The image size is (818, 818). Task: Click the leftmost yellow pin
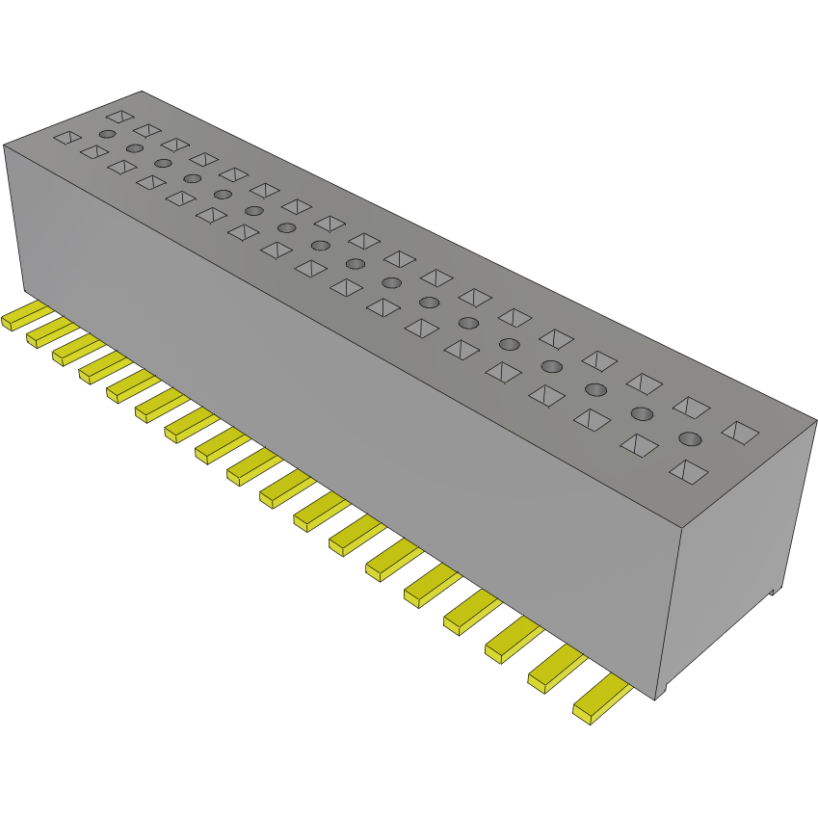21,317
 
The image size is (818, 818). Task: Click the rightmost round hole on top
690,439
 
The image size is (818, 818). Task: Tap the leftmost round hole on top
107,134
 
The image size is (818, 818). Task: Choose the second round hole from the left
134,148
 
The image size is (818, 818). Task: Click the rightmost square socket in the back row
740,433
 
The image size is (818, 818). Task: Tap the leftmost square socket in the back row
119,117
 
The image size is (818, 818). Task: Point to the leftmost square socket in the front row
66,138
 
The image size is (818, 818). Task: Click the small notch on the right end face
773,593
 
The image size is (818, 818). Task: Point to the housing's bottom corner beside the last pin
659,696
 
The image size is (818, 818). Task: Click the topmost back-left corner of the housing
142,92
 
